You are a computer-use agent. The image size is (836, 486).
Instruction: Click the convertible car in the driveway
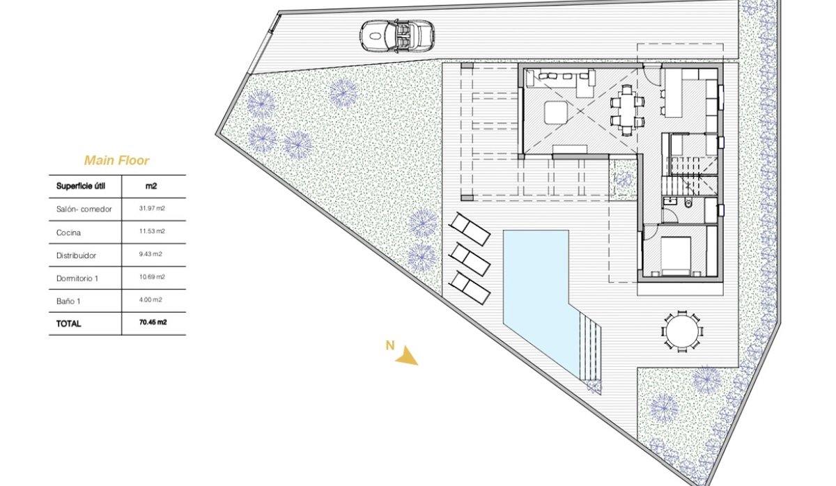(397, 34)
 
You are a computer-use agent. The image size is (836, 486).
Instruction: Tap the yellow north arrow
(406, 357)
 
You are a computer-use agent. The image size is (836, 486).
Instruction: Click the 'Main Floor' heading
(116, 161)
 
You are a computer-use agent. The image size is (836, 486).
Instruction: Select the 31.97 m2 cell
(152, 209)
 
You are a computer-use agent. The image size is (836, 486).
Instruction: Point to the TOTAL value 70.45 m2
(153, 323)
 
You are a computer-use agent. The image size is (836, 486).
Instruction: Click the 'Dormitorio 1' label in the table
(77, 278)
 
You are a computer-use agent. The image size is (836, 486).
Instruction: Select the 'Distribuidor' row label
(76, 255)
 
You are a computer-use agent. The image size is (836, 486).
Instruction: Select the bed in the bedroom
(675, 256)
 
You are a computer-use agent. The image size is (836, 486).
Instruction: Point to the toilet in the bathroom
(688, 203)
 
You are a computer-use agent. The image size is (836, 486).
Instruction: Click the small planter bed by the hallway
(623, 180)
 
